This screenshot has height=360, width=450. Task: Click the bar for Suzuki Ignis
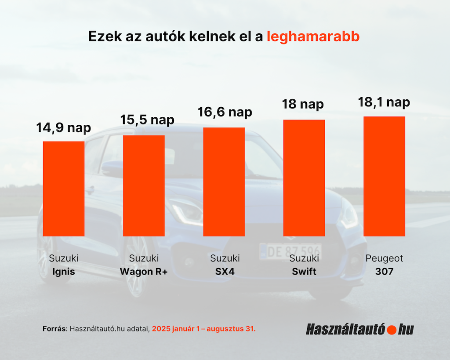click(x=63, y=189)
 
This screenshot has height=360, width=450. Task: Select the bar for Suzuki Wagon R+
click(x=144, y=185)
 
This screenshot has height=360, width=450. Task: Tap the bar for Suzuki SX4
click(x=224, y=182)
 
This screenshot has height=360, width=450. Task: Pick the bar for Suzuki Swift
click(x=304, y=178)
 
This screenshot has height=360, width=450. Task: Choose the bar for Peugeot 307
click(x=384, y=176)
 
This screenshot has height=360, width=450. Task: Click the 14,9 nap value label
click(x=63, y=128)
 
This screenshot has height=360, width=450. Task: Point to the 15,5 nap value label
click(x=147, y=120)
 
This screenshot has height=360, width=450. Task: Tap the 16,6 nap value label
click(x=225, y=112)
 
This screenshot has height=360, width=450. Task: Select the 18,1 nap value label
click(x=384, y=102)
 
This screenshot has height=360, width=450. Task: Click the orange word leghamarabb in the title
click(x=313, y=36)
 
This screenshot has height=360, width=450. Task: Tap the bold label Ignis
click(x=63, y=272)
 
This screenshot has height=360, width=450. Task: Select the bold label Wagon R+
click(x=144, y=272)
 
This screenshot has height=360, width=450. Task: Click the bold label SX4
click(x=225, y=272)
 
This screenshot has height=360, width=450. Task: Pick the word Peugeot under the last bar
click(x=384, y=258)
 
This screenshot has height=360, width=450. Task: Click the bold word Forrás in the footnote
click(x=54, y=328)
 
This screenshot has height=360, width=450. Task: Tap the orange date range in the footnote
click(x=203, y=328)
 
